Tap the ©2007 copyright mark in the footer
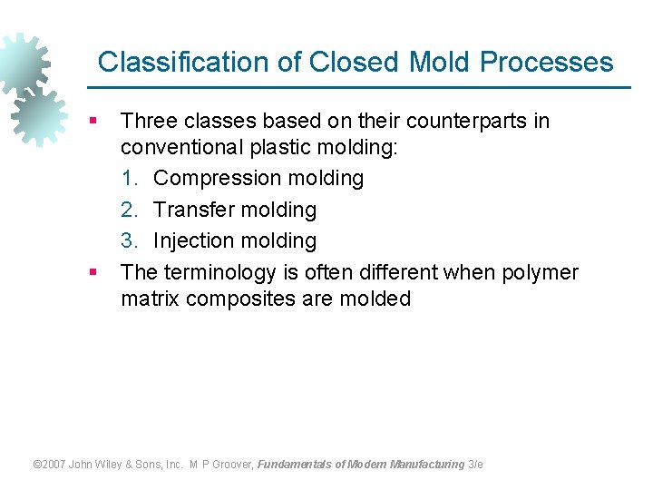(49, 465)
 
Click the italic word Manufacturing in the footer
(426, 465)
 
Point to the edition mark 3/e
(475, 465)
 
